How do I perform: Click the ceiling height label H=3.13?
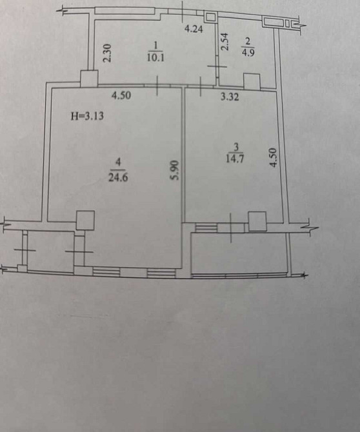pos(87,117)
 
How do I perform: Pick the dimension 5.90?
pos(173,170)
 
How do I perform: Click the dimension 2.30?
pos(108,52)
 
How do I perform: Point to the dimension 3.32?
pos(230,97)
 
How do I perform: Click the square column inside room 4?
pos(85,221)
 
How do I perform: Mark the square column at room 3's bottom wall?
pos(257,222)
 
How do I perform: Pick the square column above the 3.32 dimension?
pos(251,81)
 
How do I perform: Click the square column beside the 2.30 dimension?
pos(89,78)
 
